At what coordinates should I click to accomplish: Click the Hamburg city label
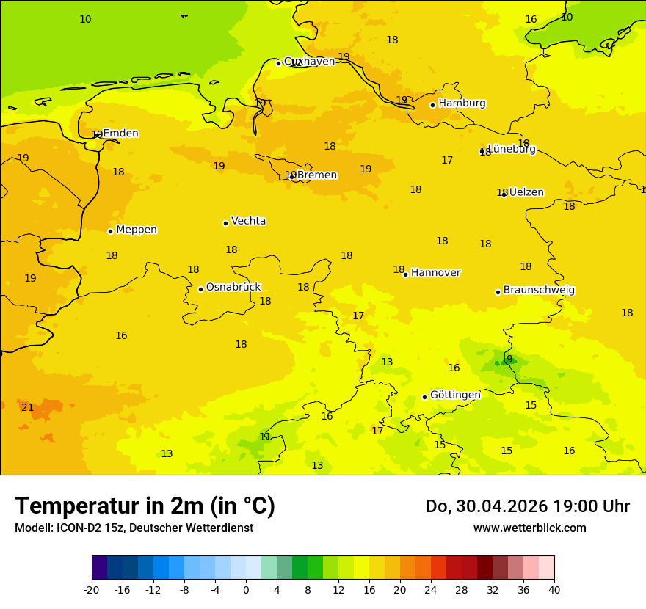(462, 103)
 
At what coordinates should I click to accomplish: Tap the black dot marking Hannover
(405, 274)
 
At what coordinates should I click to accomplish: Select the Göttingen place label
(455, 395)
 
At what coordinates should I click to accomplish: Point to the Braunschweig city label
(539, 291)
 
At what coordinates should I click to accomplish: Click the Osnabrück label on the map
(233, 288)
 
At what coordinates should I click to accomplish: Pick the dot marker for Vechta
(225, 223)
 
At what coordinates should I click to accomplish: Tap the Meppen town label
(137, 230)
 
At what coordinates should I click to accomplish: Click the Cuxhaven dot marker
(278, 63)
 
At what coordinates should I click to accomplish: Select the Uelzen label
(526, 192)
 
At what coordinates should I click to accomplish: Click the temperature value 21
(27, 408)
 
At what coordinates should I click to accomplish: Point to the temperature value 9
(509, 360)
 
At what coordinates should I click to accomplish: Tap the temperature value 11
(265, 437)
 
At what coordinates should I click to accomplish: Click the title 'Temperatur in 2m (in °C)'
(145, 506)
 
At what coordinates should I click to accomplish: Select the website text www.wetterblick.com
(529, 528)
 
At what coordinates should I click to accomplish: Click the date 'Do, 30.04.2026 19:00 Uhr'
(527, 506)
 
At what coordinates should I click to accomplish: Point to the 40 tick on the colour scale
(554, 589)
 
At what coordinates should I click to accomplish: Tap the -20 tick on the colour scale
(92, 589)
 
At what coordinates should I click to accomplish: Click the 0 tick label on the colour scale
(246, 589)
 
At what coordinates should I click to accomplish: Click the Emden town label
(120, 134)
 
